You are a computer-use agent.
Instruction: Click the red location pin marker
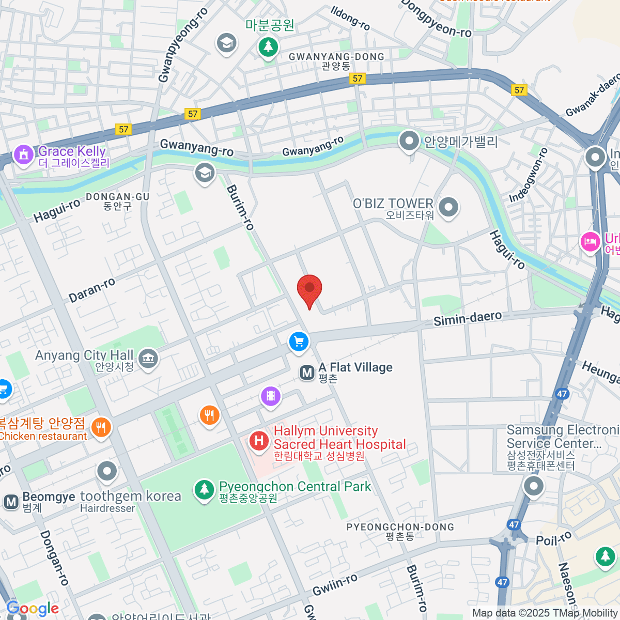click(309, 288)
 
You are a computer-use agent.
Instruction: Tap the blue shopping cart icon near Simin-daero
click(299, 342)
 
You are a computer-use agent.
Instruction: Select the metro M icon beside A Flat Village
click(307, 373)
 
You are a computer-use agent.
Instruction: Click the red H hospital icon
click(259, 441)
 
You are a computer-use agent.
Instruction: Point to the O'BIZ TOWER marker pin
click(448, 207)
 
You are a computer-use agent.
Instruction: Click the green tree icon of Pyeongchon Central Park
click(204, 489)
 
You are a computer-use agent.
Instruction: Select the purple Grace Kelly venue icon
click(23, 154)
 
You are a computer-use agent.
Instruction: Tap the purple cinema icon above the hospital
click(271, 396)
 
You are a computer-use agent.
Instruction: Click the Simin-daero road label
click(467, 319)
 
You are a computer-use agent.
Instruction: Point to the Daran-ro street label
click(92, 290)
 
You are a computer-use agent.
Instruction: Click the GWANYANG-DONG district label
click(336, 57)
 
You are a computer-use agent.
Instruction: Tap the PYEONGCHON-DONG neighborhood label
click(400, 527)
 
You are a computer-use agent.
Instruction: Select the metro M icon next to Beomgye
click(11, 502)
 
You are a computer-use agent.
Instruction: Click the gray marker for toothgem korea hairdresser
click(107, 471)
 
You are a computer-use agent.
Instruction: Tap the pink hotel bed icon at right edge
click(590, 241)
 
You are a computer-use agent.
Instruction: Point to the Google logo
click(33, 609)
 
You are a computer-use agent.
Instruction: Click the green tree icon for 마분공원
click(268, 47)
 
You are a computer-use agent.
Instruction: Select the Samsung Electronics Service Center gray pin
click(533, 485)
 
